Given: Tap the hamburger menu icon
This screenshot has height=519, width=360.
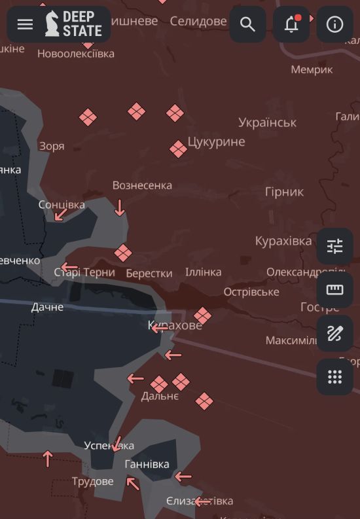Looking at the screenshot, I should (25, 24).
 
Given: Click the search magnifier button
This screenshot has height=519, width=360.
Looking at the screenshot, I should (247, 24).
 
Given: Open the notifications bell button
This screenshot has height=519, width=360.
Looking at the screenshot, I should (291, 24).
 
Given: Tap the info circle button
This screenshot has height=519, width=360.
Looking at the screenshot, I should (334, 24).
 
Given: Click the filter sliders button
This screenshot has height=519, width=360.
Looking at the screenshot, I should (334, 246).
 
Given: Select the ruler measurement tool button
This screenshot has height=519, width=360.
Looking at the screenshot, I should (334, 290).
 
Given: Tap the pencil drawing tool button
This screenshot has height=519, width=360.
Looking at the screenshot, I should (334, 333).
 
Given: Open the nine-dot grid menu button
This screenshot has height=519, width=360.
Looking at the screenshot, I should (334, 376).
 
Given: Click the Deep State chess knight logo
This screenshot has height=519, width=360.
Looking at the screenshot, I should (52, 24).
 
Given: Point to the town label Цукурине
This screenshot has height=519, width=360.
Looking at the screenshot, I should (216, 141).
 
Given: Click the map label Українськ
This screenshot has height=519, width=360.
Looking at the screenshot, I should (267, 122).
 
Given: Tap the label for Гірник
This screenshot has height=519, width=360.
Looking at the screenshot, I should (284, 192).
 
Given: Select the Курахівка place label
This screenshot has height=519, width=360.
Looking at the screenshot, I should (283, 241).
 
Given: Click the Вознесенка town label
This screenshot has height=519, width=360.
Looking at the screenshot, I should (142, 185).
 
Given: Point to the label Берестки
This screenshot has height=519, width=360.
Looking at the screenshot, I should (149, 273).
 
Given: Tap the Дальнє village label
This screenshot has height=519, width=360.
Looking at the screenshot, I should (160, 396).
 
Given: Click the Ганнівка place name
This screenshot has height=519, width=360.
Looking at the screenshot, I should (147, 464).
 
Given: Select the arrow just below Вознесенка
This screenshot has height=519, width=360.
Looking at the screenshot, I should (119, 208).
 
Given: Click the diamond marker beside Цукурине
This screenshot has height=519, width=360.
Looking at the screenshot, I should (178, 149).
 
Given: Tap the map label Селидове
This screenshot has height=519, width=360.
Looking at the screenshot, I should (198, 22).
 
